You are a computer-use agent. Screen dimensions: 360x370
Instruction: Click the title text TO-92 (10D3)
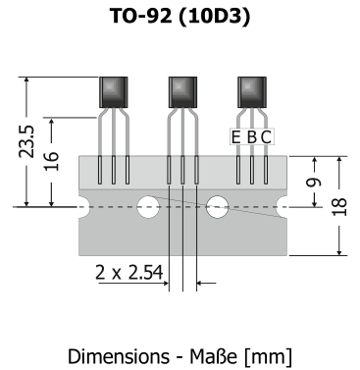[x=180, y=16]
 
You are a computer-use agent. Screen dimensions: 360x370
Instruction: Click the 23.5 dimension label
[x=26, y=141]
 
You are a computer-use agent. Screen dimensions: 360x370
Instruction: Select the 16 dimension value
[x=51, y=161]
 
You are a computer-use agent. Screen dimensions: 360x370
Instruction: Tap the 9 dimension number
[x=314, y=183]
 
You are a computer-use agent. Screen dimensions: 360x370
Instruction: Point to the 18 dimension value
[x=339, y=207]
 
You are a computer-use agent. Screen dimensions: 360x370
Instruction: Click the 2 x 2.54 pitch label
[x=129, y=273]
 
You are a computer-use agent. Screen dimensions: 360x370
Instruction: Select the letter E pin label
[x=235, y=137]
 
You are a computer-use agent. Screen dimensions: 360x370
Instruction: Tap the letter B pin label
[x=251, y=137]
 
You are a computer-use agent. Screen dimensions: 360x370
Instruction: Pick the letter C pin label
[x=266, y=137]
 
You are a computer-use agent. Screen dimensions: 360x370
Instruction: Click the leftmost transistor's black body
[x=114, y=92]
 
